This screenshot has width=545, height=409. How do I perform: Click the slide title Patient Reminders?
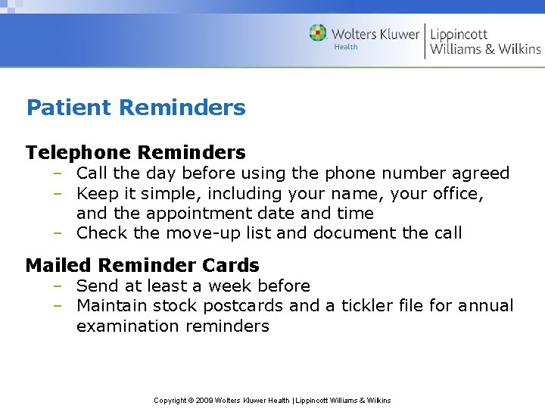(135, 108)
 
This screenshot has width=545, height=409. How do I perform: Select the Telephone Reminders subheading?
(135, 152)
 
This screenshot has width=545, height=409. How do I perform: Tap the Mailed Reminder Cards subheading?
(142, 265)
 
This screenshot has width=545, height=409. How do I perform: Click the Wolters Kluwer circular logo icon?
(318, 33)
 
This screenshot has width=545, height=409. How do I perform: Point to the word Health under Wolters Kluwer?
(346, 47)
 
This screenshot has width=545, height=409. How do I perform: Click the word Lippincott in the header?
(459, 34)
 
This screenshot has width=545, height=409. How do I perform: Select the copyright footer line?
(272, 400)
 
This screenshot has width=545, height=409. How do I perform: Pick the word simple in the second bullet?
(167, 194)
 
